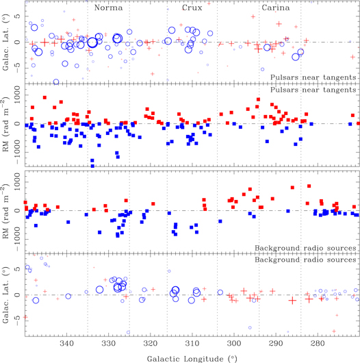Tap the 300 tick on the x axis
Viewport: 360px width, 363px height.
coord(234,342)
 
